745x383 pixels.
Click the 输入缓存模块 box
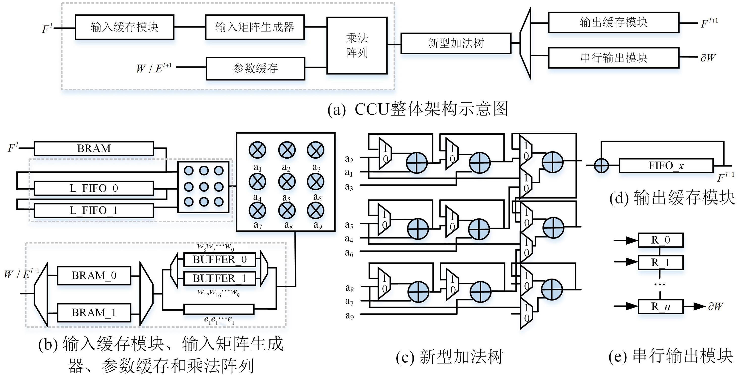tap(124, 27)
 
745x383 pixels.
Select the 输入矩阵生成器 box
tap(255, 27)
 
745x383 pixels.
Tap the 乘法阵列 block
tap(357, 45)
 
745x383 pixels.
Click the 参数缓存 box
tap(255, 69)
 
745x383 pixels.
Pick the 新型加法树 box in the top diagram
tap(456, 43)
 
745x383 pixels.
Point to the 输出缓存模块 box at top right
tap(613, 22)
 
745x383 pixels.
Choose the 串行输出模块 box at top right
tap(613, 58)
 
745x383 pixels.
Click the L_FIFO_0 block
tap(94, 188)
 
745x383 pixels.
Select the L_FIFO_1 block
tap(94, 211)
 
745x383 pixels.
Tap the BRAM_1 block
tap(94, 312)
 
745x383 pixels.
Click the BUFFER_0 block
tap(219, 259)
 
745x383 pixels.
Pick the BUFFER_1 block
tap(219, 278)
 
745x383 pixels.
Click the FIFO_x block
tap(666, 166)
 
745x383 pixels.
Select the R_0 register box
tap(660, 240)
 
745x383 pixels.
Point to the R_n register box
tap(660, 306)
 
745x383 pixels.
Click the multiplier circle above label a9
tap(315, 211)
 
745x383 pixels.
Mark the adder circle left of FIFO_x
tap(601, 166)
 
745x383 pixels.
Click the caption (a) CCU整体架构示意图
tap(418, 109)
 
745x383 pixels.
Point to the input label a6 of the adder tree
tap(349, 253)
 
